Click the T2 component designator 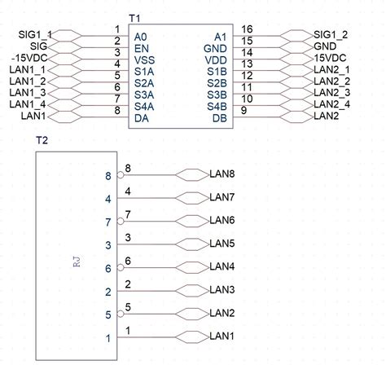pos(42,141)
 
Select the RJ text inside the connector pos(75,262)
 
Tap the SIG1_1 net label pos(34,35)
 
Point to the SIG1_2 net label pos(331,35)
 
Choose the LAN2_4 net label pos(331,104)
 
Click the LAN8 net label pos(222,174)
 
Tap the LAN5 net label pos(222,244)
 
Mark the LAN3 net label pos(222,290)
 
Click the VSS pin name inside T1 pos(145,59)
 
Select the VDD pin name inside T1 pos(215,59)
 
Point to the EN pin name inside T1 pos(142,48)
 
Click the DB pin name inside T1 pos(218,117)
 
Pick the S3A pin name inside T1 pos(145,95)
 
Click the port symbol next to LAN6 pos(193,221)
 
